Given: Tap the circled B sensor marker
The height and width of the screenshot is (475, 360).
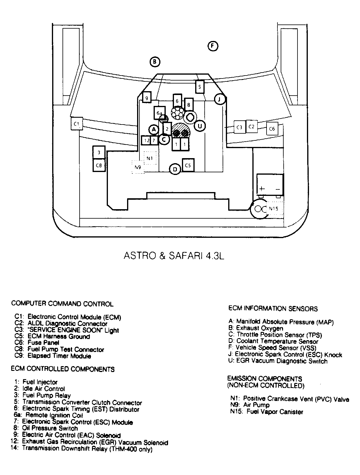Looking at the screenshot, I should (x=154, y=62).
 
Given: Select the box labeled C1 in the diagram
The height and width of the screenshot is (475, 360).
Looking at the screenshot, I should (x=77, y=124).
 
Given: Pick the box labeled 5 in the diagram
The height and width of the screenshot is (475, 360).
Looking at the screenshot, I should (x=200, y=87).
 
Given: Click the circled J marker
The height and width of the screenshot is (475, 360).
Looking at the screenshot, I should (x=220, y=99).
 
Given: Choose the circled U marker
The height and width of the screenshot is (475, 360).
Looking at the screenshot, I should (x=200, y=126).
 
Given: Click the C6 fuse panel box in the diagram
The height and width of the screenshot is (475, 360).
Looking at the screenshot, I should (x=272, y=129).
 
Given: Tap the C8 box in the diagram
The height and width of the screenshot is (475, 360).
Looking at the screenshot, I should (x=99, y=166).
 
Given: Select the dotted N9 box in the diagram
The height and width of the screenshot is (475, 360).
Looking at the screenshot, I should (x=138, y=167).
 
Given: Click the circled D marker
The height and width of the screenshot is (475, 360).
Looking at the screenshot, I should (x=175, y=169).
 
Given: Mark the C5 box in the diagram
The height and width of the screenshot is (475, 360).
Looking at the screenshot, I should (x=188, y=166).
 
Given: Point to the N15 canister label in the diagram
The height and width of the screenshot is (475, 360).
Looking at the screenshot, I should (x=274, y=209).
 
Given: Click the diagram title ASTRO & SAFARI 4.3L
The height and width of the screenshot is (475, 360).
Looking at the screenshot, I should (x=174, y=255).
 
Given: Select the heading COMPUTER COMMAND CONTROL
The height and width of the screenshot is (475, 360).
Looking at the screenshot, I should (x=62, y=304).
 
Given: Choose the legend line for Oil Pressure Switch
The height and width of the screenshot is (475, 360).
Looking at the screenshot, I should (x=50, y=428).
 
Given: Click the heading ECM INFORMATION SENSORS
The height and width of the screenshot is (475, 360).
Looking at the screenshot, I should (x=273, y=309).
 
